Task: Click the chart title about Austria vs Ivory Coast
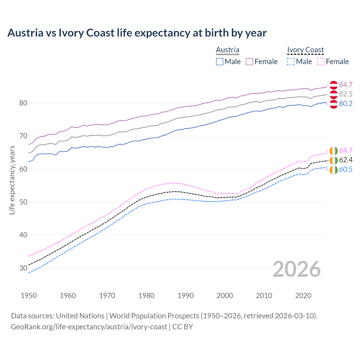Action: click(137, 33)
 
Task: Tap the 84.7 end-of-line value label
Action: click(346, 85)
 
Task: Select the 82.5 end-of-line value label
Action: click(346, 94)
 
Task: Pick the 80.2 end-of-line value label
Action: click(346, 103)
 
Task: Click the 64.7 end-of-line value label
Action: click(346, 150)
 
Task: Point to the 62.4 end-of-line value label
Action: click(346, 160)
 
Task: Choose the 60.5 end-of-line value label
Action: click(346, 169)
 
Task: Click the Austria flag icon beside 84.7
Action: click(334, 85)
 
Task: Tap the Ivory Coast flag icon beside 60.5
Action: click(334, 170)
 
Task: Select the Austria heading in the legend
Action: click(228, 50)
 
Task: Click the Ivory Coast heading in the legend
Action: click(305, 50)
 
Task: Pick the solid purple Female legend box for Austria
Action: click(249, 62)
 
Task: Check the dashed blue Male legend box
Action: click(291, 62)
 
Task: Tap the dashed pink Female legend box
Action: click(321, 62)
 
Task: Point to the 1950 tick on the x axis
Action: click(29, 296)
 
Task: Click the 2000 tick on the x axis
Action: click(225, 296)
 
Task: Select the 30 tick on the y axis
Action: click(23, 268)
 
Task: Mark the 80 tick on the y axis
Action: click(23, 103)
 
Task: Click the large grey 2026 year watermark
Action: click(297, 269)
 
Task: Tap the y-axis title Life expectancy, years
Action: click(12, 180)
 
